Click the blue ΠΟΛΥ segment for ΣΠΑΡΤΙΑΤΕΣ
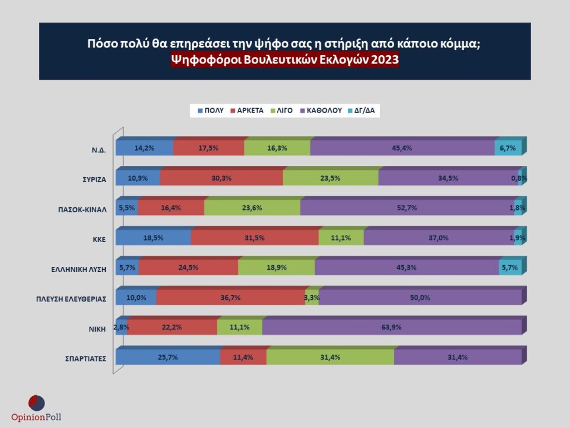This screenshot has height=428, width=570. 167,357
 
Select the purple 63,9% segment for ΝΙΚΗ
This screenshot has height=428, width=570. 392,327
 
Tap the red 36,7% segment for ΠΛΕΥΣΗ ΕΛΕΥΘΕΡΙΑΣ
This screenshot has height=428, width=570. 230,298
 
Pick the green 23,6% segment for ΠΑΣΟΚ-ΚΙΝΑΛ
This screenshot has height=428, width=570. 252,207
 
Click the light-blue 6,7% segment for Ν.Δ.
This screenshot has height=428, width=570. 508,148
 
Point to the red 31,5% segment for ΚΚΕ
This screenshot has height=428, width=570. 254,237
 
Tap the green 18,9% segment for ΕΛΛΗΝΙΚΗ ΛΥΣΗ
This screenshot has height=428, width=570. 276,267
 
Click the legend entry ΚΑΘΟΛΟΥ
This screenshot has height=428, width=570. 320,110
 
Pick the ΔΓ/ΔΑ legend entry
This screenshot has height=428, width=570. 361,110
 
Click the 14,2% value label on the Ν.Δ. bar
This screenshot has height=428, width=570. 144,148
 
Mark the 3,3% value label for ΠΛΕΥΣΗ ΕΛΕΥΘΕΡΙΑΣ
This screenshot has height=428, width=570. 312,298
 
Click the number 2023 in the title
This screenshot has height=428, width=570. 384,60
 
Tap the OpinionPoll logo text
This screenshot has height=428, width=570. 36,417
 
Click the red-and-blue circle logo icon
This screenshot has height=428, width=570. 36,402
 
